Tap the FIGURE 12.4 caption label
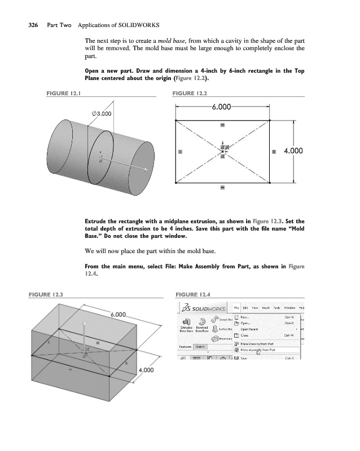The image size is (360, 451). click(193, 294)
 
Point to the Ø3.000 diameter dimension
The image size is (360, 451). click(100, 113)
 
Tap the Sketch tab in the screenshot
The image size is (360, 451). click(200, 347)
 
